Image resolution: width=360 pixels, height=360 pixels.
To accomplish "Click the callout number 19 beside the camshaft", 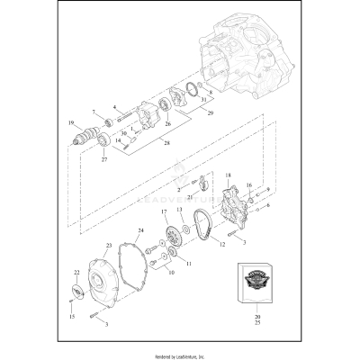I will (71, 122).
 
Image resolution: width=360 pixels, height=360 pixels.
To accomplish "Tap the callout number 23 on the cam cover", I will (109, 244).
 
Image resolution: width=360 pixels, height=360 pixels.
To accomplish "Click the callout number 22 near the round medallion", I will (76, 272).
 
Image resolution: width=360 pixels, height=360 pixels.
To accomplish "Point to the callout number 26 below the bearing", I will (166, 123).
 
